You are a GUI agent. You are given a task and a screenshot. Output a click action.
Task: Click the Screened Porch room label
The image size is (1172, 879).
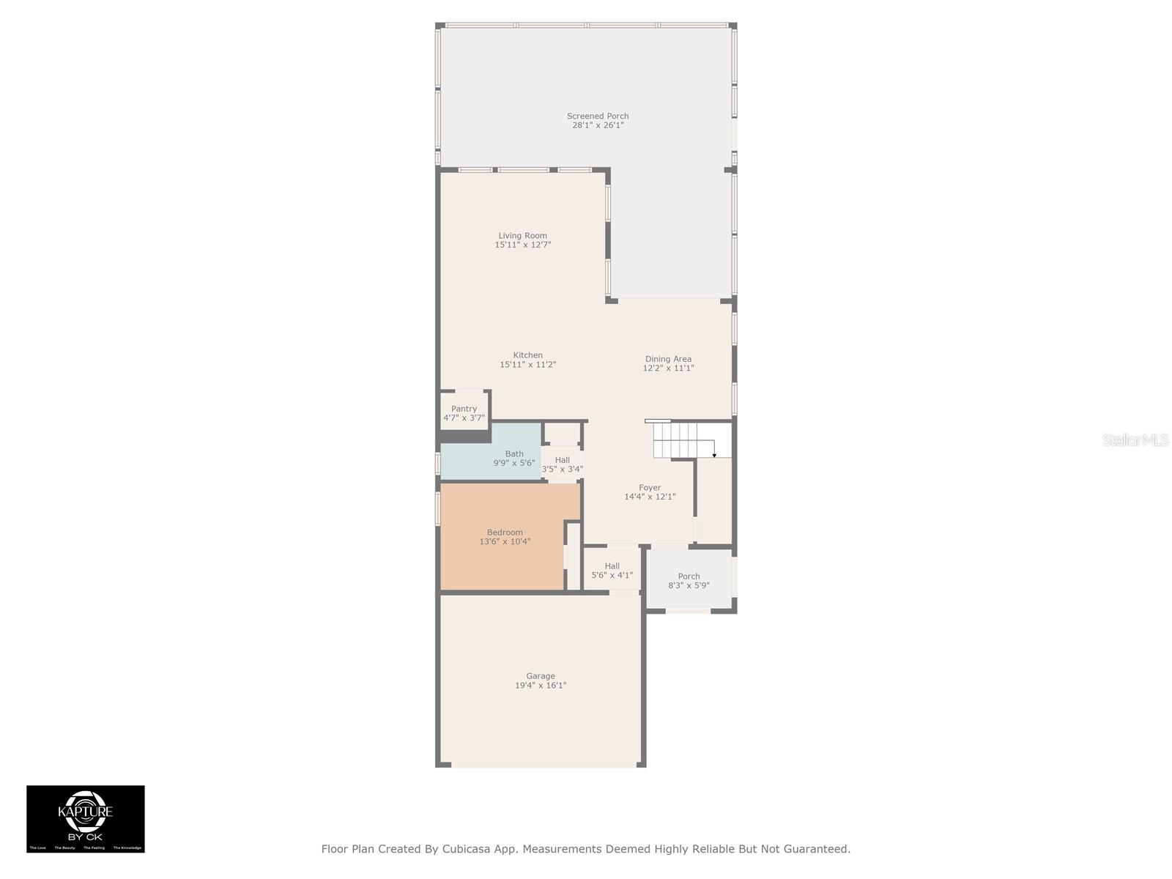pyautogui.click(x=598, y=116)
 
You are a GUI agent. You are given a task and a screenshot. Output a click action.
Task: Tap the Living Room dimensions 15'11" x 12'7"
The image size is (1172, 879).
pyautogui.click(x=523, y=245)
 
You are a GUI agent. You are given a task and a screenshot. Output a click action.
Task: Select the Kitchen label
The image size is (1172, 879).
pyautogui.click(x=527, y=355)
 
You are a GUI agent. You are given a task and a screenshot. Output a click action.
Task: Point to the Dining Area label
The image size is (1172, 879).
pyautogui.click(x=668, y=359)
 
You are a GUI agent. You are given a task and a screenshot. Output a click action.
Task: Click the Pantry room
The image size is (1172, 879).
pyautogui.click(x=464, y=413)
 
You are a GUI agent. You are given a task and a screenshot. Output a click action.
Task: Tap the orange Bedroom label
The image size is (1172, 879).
pyautogui.click(x=505, y=533)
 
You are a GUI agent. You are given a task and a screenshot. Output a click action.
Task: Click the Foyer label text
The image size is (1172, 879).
pyautogui.click(x=650, y=488)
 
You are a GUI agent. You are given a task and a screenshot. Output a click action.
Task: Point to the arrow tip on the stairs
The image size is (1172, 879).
pyautogui.click(x=714, y=456)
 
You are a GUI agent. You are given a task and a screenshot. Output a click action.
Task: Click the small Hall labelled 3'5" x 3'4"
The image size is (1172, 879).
pyautogui.click(x=563, y=464)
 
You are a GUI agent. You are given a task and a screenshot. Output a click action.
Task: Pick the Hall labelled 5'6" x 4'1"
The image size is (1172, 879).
pyautogui.click(x=612, y=571)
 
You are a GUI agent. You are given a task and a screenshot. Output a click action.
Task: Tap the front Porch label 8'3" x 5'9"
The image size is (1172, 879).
pyautogui.click(x=689, y=581)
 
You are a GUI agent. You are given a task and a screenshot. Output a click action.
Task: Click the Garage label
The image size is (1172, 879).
pyautogui.click(x=541, y=676)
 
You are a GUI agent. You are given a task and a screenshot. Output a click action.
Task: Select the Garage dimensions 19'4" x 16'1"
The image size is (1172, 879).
pyautogui.click(x=541, y=686)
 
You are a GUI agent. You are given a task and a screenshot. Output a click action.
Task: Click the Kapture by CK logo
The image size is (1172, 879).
pyautogui.click(x=86, y=818)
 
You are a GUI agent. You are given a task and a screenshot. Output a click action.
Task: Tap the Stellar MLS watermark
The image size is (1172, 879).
pyautogui.click(x=1135, y=439)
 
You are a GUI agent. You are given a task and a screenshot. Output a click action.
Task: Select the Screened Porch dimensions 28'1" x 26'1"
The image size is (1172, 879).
pyautogui.click(x=598, y=125)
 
